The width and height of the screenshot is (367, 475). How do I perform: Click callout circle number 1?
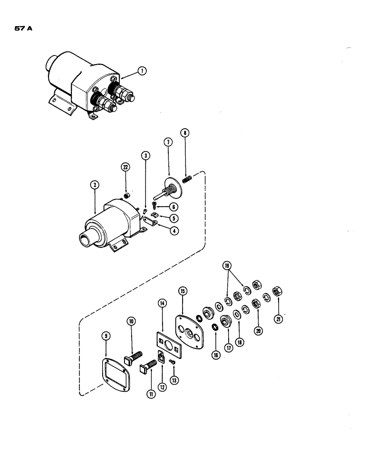tap(141, 71)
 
